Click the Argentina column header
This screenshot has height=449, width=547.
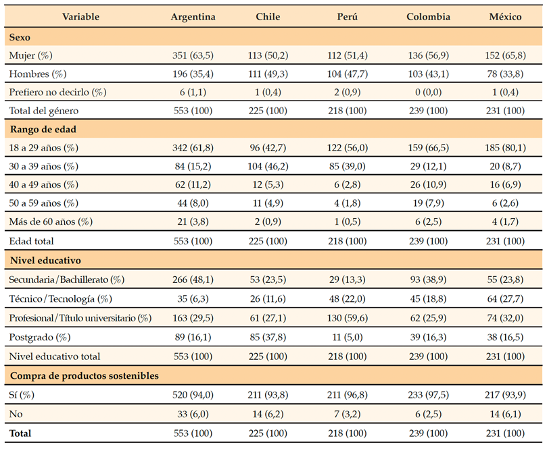[x=193, y=17]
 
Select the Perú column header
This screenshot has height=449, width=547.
[x=348, y=17]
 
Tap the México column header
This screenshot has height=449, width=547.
[x=504, y=17]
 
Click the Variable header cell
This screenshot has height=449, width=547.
[x=82, y=17]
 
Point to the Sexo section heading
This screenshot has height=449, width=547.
[x=20, y=36]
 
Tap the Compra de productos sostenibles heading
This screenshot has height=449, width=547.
[x=84, y=376]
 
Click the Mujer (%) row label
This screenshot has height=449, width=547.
[x=30, y=55]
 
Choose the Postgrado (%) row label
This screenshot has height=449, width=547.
[x=37, y=337]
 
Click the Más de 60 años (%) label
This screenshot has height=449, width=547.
[x=51, y=221]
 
